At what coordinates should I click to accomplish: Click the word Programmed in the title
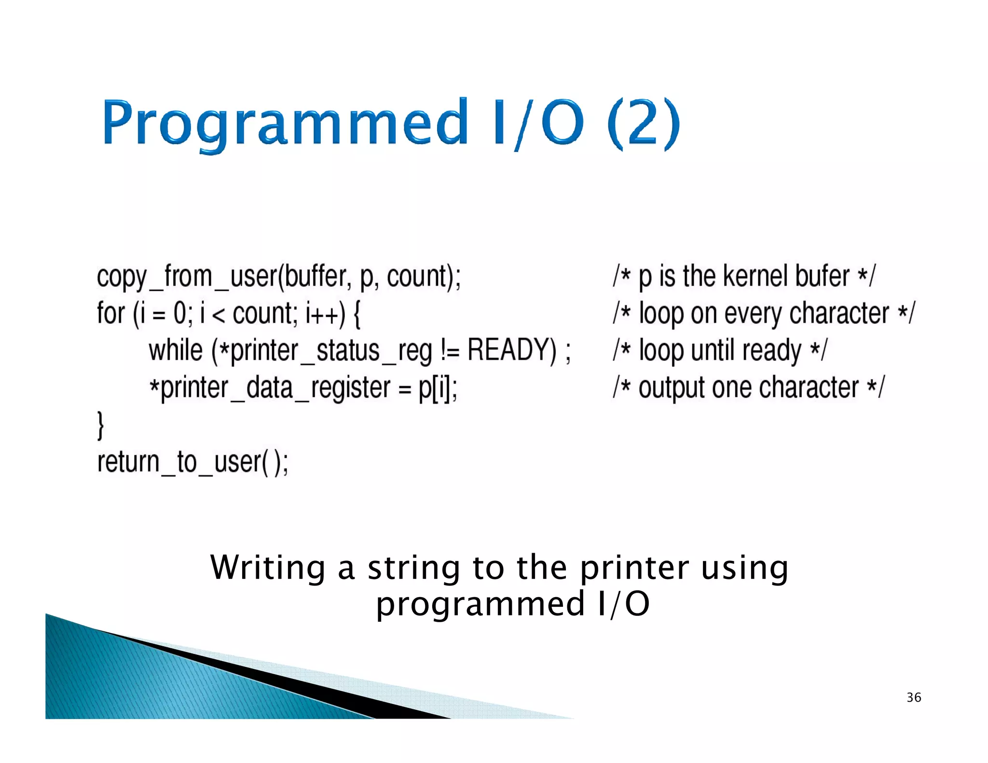(285, 123)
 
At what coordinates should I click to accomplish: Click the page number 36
(914, 697)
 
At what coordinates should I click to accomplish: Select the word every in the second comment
(753, 313)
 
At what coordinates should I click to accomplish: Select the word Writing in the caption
(268, 568)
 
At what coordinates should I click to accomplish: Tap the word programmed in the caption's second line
(480, 604)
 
